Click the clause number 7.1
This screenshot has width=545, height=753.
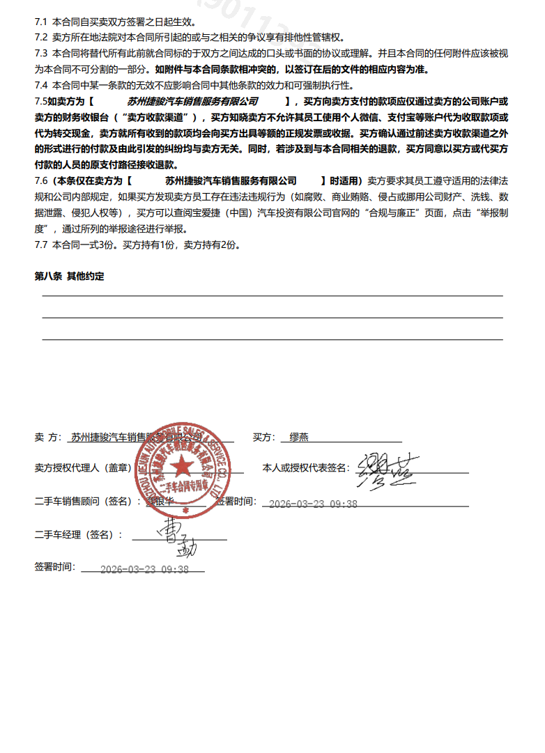click(40, 22)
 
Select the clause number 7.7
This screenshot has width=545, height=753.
click(40, 245)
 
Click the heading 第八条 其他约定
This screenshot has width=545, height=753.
click(69, 277)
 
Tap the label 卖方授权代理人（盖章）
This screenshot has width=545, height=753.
click(83, 468)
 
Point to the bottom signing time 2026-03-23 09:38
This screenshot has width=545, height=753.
click(144, 569)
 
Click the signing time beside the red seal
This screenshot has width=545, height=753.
click(313, 504)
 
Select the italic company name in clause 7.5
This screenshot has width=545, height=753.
click(192, 101)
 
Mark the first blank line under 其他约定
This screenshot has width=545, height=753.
click(272, 296)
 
